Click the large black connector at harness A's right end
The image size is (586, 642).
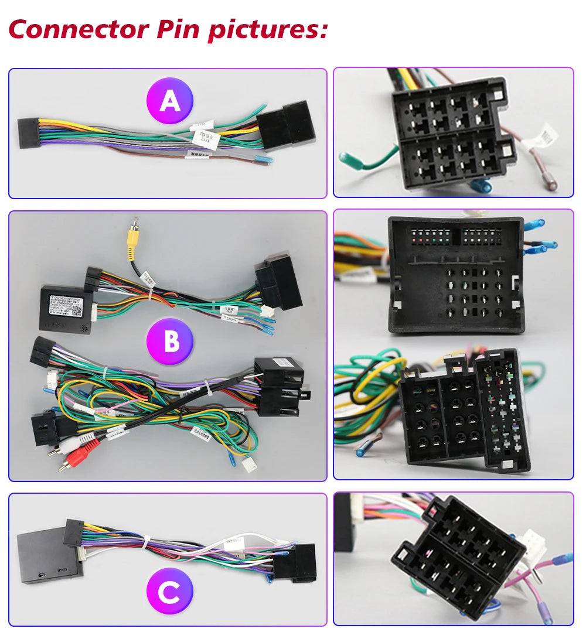[x=285, y=125]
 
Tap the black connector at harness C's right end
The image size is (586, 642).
[x=296, y=562]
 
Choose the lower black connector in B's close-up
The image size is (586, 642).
[x=463, y=410]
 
